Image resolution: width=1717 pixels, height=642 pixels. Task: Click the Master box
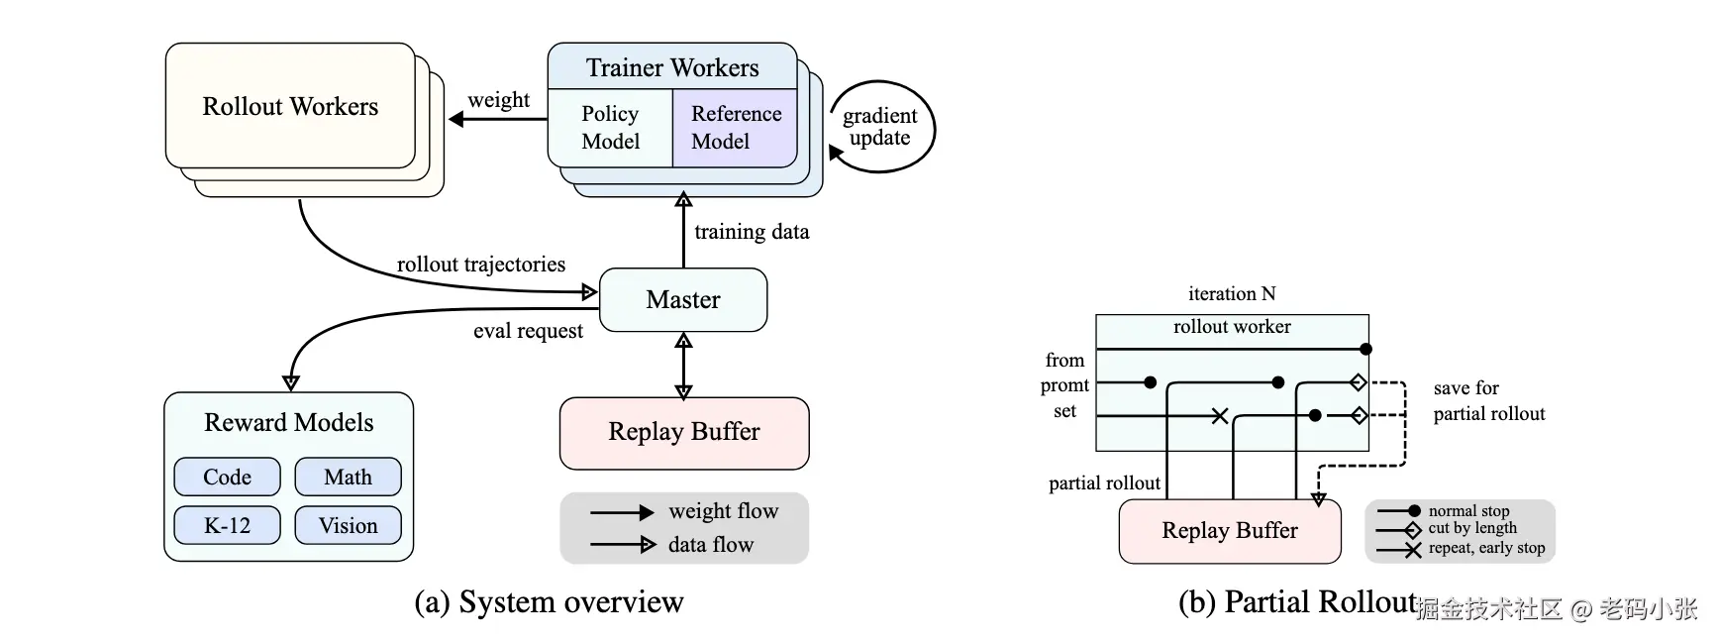pos(683,299)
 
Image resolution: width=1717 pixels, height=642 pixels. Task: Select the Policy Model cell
pos(610,128)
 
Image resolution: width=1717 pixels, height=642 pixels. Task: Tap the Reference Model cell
pos(736,128)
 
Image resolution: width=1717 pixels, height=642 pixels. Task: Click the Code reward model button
pos(228,477)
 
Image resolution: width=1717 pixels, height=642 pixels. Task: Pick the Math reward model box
pos(348,477)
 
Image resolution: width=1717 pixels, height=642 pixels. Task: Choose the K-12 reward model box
pos(228,525)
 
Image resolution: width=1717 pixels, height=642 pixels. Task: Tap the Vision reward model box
pos(348,525)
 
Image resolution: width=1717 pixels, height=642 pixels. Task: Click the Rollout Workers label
pos(290,106)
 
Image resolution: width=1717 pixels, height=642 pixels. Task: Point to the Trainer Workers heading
pos(672,67)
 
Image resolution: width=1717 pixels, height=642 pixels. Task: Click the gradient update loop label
pos(879,127)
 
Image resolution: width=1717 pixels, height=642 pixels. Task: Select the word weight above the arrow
pos(498,100)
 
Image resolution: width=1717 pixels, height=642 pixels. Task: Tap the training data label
pos(752,232)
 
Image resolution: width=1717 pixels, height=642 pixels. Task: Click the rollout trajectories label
pos(481,265)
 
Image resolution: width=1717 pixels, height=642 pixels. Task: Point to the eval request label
pos(528,331)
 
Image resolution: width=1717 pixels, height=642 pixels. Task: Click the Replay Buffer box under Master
pos(684,432)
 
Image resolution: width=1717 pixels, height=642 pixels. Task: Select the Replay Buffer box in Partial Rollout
pos(1230,531)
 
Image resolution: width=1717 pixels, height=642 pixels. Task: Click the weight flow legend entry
pos(723,511)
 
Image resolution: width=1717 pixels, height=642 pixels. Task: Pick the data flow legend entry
pos(710,544)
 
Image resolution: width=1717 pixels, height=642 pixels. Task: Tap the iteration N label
pos(1232,293)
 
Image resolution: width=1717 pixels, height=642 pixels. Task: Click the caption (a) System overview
pos(549,602)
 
